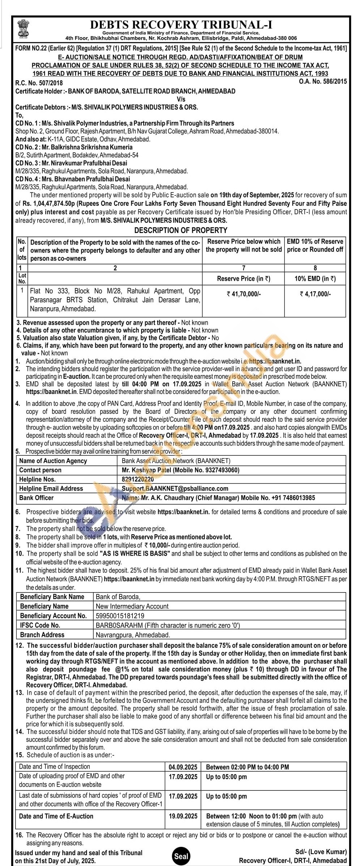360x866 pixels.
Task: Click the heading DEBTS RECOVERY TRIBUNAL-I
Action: pos(181,25)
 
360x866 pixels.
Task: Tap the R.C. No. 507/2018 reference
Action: pos(34,83)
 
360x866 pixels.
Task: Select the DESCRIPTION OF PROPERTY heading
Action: pos(181,230)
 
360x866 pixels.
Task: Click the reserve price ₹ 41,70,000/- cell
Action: pos(243,294)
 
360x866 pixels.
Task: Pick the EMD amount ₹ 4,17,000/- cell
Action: pos(315,294)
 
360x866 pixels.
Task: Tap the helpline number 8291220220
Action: pos(138,479)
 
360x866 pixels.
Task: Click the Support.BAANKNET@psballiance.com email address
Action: pos(175,488)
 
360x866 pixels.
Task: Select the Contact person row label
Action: pos(40,470)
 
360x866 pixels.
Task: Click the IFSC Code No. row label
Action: pos(40,625)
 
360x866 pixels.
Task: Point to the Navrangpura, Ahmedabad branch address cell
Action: pos(133,634)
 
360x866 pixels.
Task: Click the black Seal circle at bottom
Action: pos(181,853)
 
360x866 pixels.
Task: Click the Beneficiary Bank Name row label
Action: pos(52,597)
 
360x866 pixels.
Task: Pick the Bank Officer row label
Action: pos(36,498)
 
